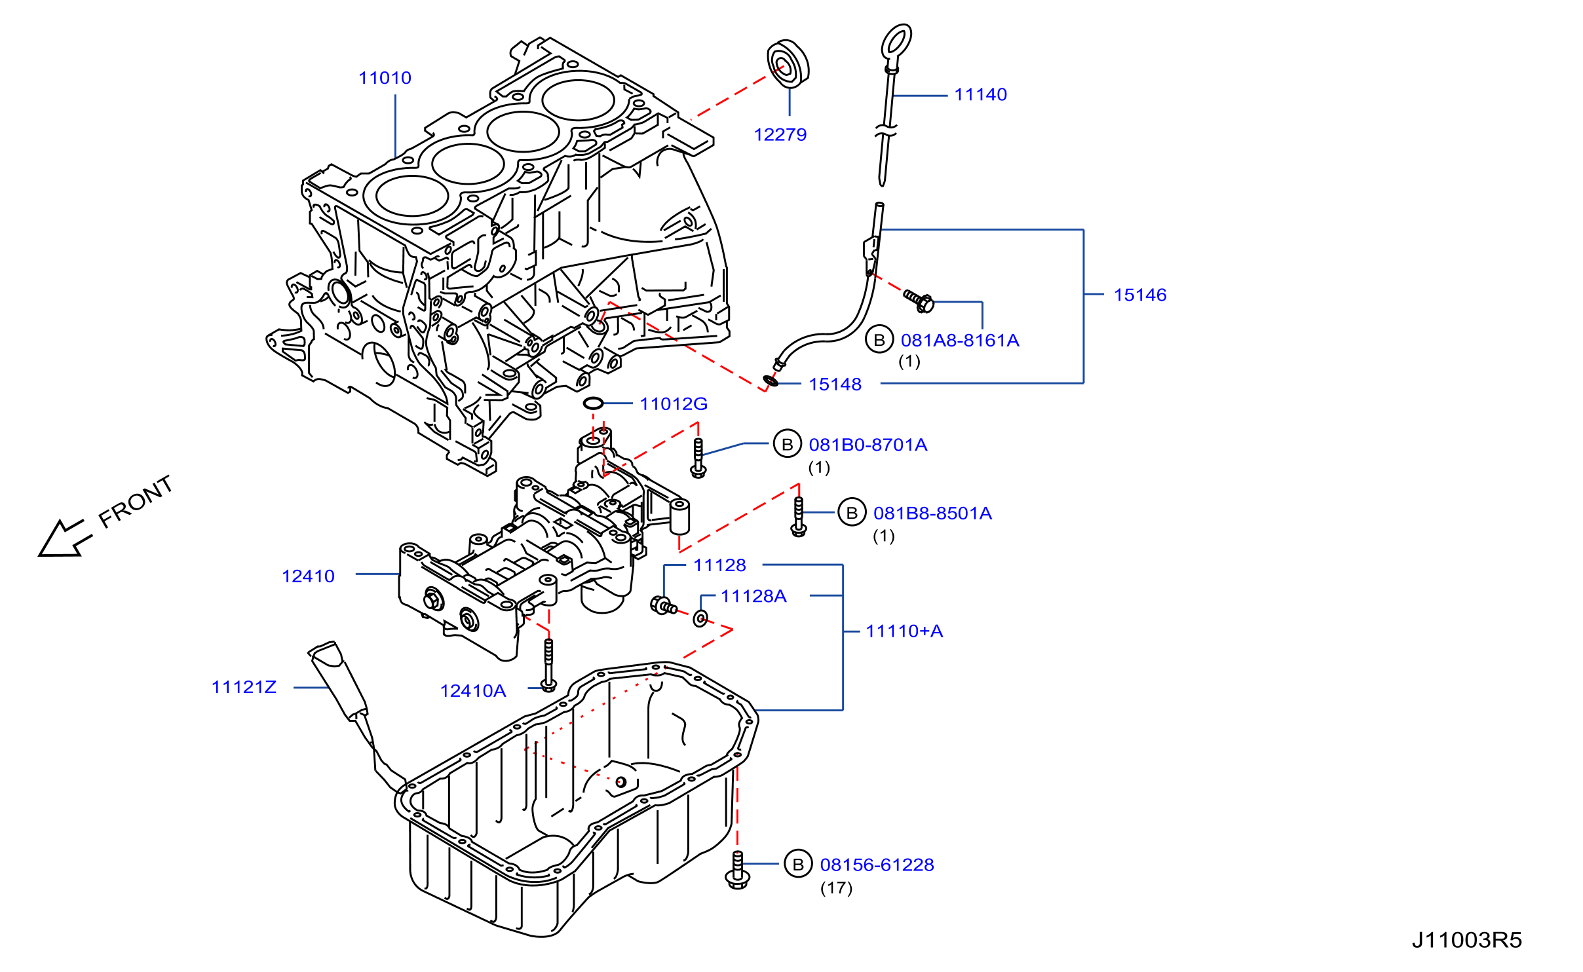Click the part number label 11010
pyautogui.click(x=385, y=78)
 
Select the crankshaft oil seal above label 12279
pyautogui.click(x=788, y=64)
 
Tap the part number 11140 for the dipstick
pyautogui.click(x=980, y=95)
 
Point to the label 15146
pyautogui.click(x=1140, y=295)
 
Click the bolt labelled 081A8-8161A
pyautogui.click(x=919, y=301)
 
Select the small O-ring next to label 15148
pyautogui.click(x=771, y=381)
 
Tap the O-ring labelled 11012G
pyautogui.click(x=593, y=403)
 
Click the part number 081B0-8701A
pyautogui.click(x=868, y=445)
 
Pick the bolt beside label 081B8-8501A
pyautogui.click(x=799, y=517)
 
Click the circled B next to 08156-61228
pyautogui.click(x=798, y=865)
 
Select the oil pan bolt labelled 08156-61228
pyautogui.click(x=738, y=870)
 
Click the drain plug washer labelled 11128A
pyautogui.click(x=700, y=618)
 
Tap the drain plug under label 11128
pyautogui.click(x=663, y=605)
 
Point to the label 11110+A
pyautogui.click(x=904, y=631)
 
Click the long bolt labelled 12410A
pyautogui.click(x=549, y=665)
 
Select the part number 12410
pyautogui.click(x=308, y=576)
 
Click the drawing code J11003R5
pyautogui.click(x=1467, y=941)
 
